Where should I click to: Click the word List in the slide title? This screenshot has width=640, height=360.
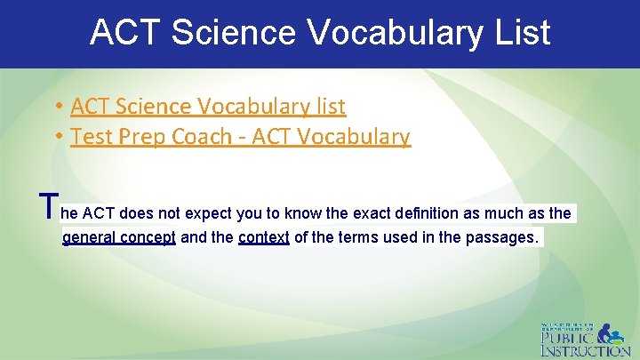click(520, 33)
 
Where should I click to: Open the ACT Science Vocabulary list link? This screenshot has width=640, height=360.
click(208, 107)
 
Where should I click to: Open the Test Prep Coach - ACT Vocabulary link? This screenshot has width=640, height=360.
click(240, 137)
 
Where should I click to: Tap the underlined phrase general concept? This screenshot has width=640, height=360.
click(119, 238)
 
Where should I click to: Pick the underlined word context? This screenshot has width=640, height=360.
click(264, 238)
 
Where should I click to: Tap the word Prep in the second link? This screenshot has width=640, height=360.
click(139, 137)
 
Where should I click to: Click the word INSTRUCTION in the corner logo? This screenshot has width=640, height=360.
click(586, 351)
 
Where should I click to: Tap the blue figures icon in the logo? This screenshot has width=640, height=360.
click(612, 333)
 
